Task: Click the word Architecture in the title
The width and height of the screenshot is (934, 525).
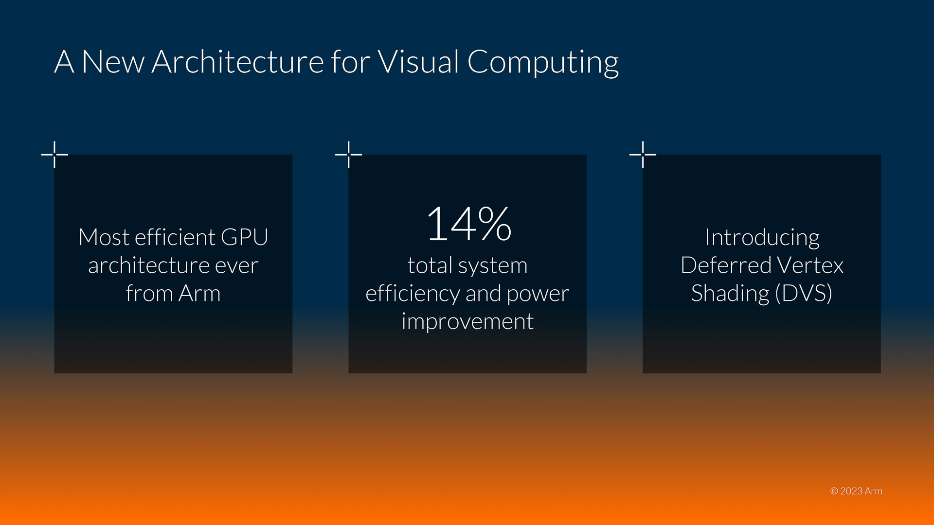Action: tap(238, 62)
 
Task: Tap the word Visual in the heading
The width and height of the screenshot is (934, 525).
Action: tap(418, 62)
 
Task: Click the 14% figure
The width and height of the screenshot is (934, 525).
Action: tap(468, 224)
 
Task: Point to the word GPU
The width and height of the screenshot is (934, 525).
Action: tap(244, 237)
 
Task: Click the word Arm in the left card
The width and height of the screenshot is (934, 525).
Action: tap(199, 294)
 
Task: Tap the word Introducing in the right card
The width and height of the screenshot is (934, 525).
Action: tap(762, 238)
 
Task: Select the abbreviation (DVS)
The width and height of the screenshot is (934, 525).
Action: tap(803, 294)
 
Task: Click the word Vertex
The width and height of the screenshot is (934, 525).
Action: tap(810, 265)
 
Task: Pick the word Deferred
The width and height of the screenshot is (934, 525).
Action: tap(726, 265)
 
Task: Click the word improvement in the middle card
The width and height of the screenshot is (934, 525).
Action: tap(467, 322)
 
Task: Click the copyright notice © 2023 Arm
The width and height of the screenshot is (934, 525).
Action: tap(856, 491)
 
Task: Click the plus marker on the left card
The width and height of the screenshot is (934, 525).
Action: tap(54, 155)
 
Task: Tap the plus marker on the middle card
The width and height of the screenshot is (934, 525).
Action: tap(349, 155)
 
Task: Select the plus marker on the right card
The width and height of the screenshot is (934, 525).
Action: tap(643, 155)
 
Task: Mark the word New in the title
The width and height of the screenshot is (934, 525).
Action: tap(113, 62)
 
